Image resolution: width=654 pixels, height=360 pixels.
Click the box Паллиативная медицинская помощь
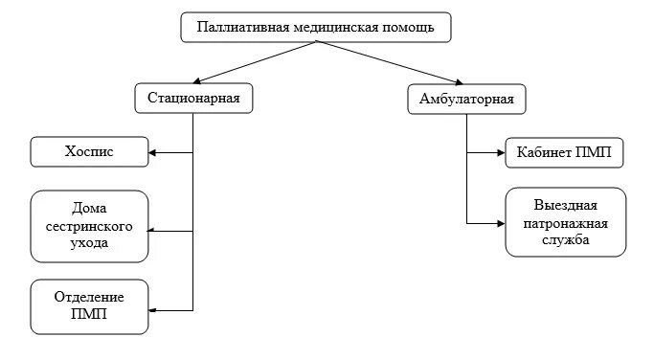pos(315,28)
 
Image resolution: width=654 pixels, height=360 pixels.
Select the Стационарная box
pos(193,99)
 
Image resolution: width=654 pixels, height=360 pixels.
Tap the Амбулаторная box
pos(466,99)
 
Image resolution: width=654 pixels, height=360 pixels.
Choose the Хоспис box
pos(89,151)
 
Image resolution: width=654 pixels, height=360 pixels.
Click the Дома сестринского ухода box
pos(89,226)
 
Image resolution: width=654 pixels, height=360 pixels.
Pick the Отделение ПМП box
pos(89,306)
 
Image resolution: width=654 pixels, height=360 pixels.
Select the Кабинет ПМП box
pos(565,151)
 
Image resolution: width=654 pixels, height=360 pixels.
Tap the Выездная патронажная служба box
pos(565,222)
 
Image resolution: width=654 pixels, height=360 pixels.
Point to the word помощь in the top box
pos(410,28)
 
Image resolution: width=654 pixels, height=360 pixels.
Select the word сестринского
pos(89,226)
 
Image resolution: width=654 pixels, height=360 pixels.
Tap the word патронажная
pos(566,223)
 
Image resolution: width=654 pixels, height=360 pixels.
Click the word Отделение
pos(89,298)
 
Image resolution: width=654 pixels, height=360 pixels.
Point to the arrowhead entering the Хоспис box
pos(154,151)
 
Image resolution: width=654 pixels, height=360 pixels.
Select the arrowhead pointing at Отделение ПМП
pos(154,309)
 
